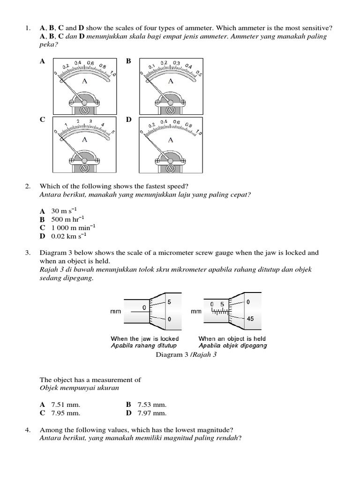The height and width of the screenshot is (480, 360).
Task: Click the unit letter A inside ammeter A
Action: pyautogui.click(x=84, y=81)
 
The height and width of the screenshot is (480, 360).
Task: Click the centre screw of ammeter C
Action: pyautogui.click(x=85, y=167)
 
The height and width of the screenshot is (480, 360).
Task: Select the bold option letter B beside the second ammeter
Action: pyautogui.click(x=128, y=61)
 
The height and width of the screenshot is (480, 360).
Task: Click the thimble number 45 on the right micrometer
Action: pyautogui.click(x=250, y=318)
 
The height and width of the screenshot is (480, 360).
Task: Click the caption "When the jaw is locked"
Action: pyautogui.click(x=144, y=338)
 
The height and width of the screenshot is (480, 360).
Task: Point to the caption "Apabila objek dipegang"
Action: pyautogui.click(x=232, y=345)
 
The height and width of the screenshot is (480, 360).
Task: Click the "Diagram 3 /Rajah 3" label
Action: pyautogui.click(x=186, y=355)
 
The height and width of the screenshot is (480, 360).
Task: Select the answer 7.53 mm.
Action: pyautogui.click(x=152, y=405)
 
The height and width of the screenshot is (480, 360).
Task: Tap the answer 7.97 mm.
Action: pyautogui.click(x=152, y=413)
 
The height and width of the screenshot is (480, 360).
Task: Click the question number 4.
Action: pyautogui.click(x=28, y=429)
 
